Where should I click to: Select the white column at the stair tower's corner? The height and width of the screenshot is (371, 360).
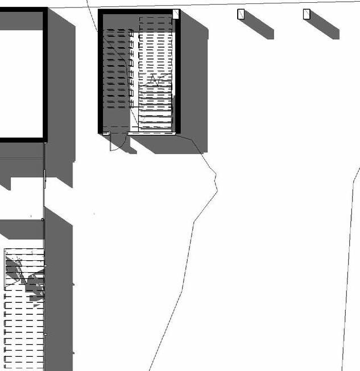click(x=176, y=14)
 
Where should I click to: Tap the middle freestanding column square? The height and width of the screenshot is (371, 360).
click(x=241, y=14)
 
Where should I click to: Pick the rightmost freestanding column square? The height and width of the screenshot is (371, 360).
click(x=306, y=14)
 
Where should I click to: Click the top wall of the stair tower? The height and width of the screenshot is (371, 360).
click(x=136, y=11)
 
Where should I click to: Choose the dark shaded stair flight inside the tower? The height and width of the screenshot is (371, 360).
click(x=116, y=68)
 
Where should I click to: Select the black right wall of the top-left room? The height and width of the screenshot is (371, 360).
click(x=45, y=74)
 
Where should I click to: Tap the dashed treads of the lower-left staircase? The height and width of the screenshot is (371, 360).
click(x=23, y=335)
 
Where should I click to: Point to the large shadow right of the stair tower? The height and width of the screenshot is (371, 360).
click(x=193, y=85)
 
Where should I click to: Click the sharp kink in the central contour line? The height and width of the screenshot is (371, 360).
click(x=216, y=182)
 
